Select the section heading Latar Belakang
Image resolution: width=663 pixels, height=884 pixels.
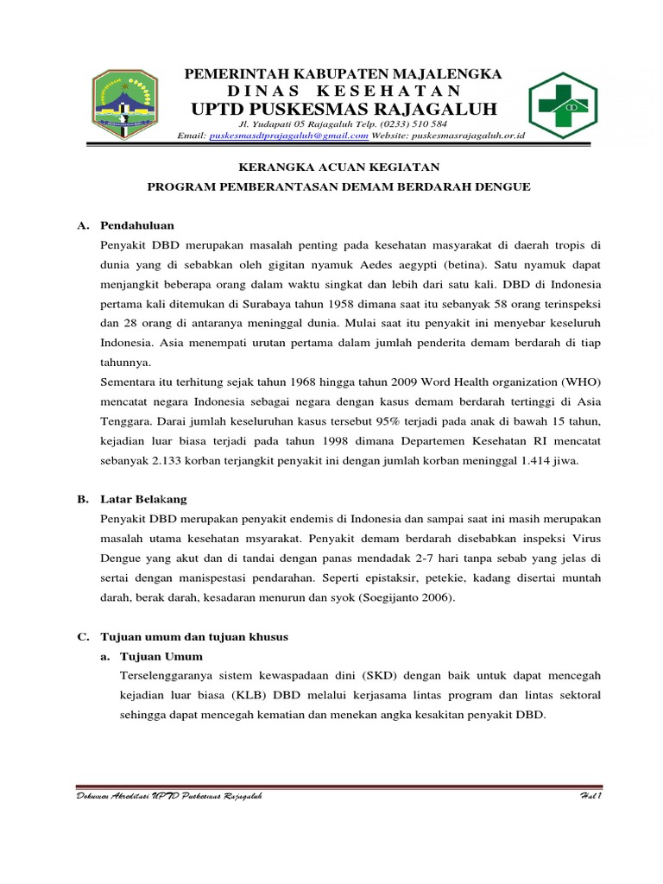[143, 499]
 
